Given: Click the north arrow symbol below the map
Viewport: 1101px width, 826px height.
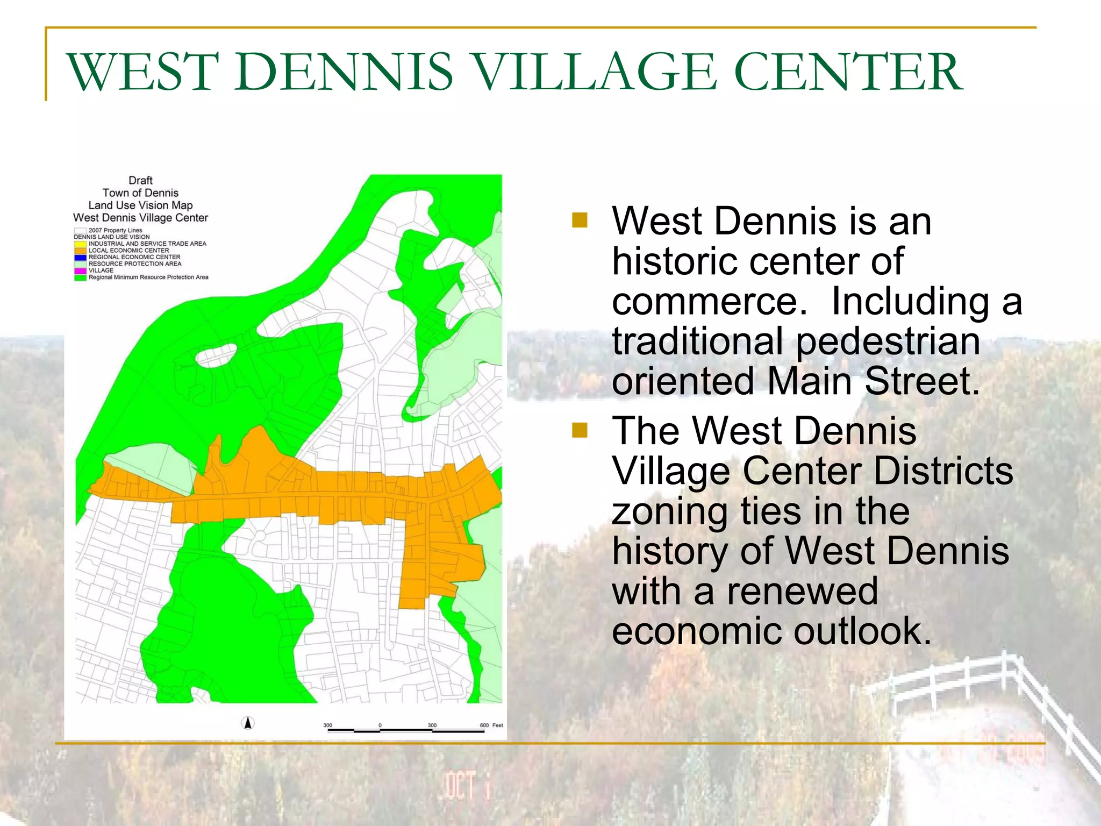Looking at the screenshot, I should (248, 723).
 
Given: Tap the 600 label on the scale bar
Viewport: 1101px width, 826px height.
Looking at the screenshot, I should (484, 725).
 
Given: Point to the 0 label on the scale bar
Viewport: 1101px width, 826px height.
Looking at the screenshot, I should (380, 725).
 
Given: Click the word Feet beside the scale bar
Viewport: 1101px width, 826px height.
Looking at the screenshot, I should (498, 725).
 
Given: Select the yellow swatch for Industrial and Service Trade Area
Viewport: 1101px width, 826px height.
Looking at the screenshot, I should (80, 244).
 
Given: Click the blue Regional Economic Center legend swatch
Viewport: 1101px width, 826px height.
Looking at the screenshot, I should (80, 258).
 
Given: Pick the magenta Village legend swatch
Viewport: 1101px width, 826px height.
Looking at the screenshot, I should (80, 271).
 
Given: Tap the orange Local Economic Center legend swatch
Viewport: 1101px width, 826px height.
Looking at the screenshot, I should (80, 251).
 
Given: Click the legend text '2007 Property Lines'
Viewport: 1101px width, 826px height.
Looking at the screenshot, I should (115, 231).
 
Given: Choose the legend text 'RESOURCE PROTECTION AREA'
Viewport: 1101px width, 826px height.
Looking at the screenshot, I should (135, 264).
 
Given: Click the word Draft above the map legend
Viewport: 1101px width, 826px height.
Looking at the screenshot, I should (140, 181).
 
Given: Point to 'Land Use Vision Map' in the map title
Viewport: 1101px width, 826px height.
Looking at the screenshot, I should (140, 205).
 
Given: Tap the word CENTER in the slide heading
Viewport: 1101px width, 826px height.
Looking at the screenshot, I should (848, 72).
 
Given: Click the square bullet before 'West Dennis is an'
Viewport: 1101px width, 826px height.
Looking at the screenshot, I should (580, 220).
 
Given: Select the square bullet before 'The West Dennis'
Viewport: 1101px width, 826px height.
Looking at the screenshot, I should (580, 430).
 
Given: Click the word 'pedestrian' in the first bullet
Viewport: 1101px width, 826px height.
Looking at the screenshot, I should (888, 341).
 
